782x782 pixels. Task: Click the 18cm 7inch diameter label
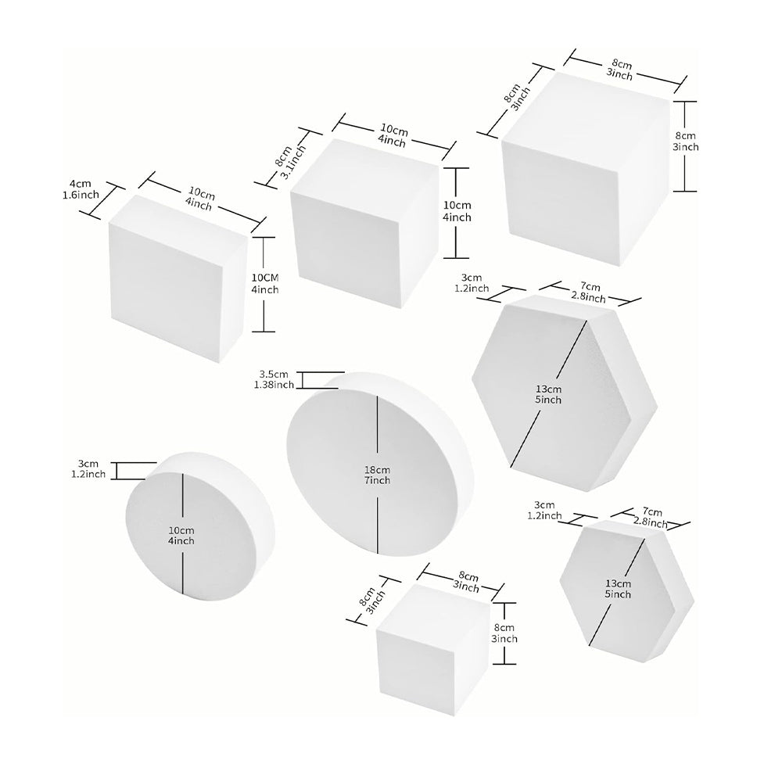coord(377,475)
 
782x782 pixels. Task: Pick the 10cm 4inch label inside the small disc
coord(181,536)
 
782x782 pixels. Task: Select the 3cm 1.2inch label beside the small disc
coord(88,468)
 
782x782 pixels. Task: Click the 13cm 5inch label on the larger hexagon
coord(549,395)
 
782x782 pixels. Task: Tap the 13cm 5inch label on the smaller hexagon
coord(617,589)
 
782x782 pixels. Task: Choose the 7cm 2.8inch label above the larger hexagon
coord(589,293)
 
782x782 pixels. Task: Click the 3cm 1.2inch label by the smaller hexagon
coord(544,510)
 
